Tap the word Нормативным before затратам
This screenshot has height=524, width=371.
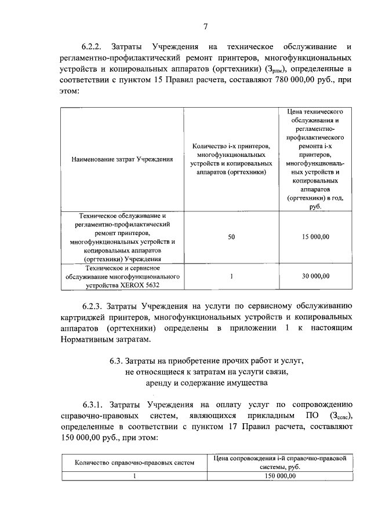[92, 340]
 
